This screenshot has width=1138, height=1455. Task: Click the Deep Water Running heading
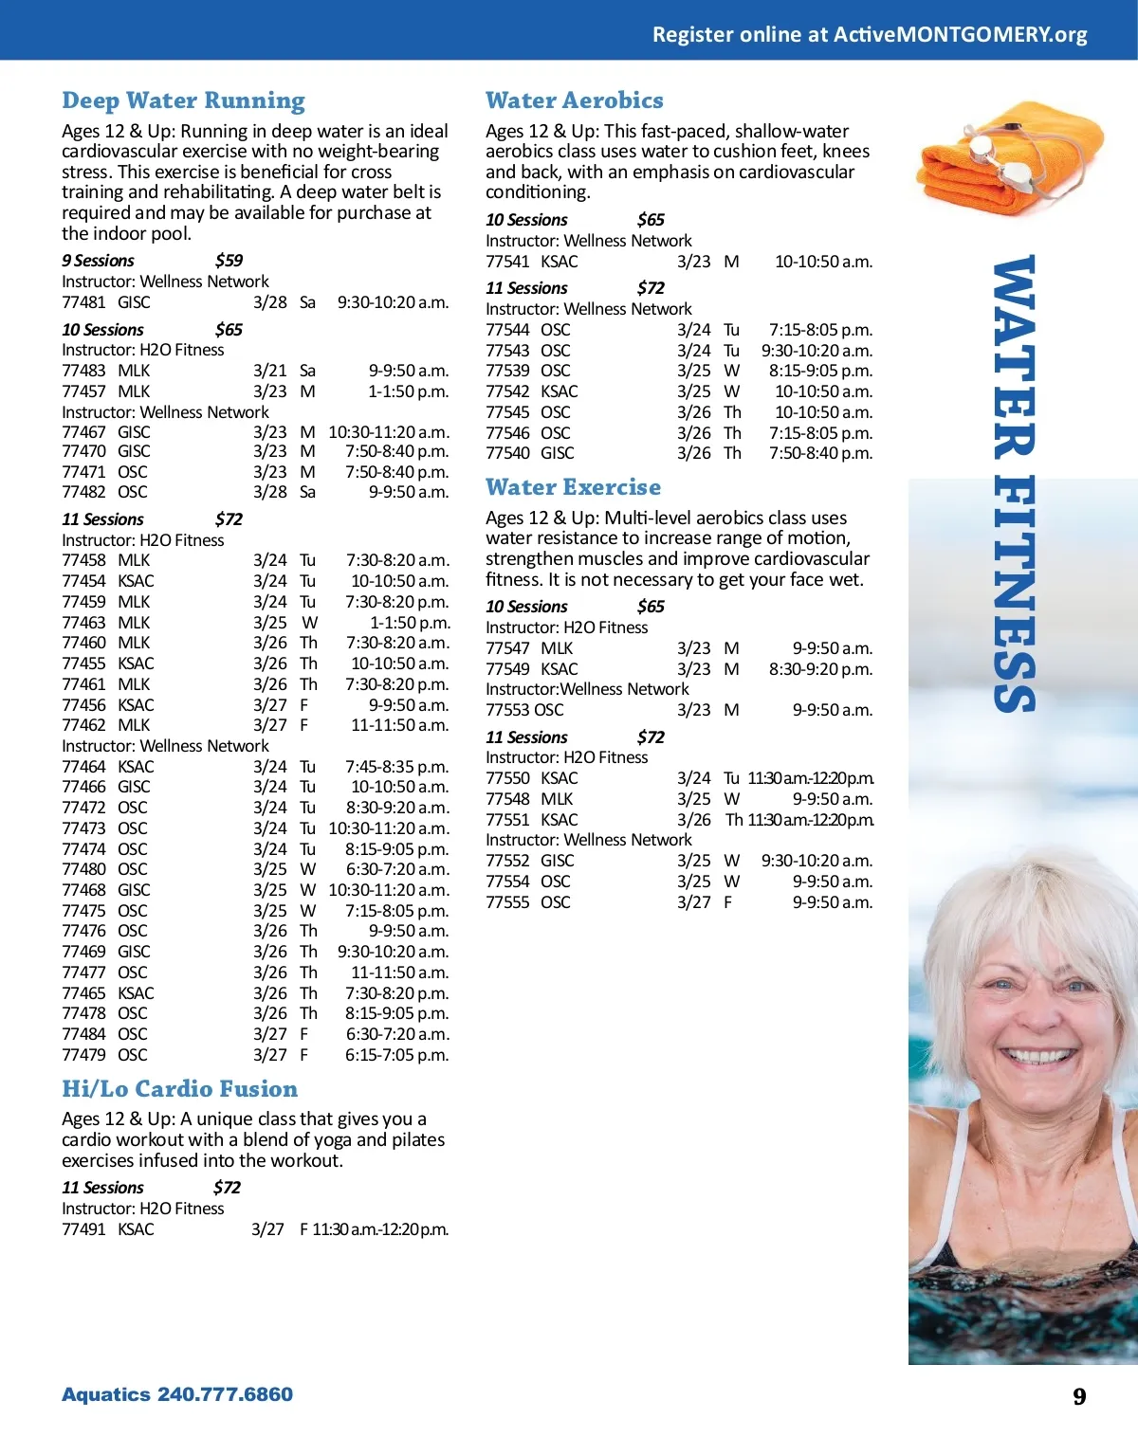pyautogui.click(x=183, y=100)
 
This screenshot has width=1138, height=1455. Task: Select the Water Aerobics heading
pyautogui.click(x=574, y=100)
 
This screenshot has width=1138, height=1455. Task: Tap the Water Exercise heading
pyautogui.click(x=573, y=487)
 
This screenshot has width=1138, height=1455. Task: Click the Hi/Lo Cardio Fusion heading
pyautogui.click(x=179, y=1089)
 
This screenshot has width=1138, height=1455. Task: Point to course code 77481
pyautogui.click(x=83, y=302)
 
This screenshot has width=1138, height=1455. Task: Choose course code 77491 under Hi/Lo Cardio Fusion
pyautogui.click(x=83, y=1229)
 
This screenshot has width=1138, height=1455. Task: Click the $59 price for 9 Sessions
pyautogui.click(x=229, y=261)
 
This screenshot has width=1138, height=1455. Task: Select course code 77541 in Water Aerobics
pyautogui.click(x=507, y=262)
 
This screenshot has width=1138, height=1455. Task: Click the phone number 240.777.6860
pyautogui.click(x=225, y=1394)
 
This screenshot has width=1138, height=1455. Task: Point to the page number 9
pyautogui.click(x=1079, y=1396)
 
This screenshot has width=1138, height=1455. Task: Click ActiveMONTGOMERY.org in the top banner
pyautogui.click(x=960, y=35)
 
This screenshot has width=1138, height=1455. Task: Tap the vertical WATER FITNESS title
pyautogui.click(x=1014, y=483)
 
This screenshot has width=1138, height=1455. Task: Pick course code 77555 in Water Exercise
pyautogui.click(x=507, y=902)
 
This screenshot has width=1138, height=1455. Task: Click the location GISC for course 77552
pyautogui.click(x=558, y=861)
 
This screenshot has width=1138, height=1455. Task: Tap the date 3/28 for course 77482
pyautogui.click(x=269, y=492)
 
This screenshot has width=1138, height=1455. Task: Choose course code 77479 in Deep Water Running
pyautogui.click(x=83, y=1055)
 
